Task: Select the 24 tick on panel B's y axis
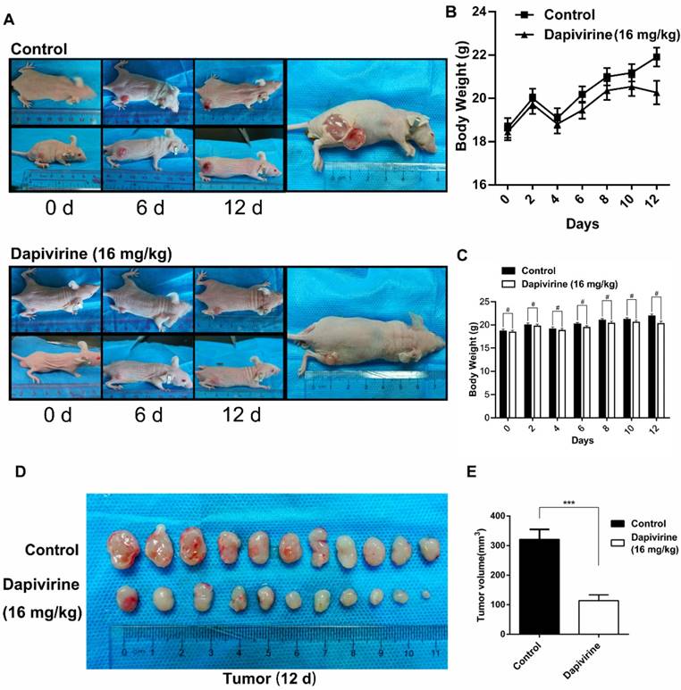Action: pyautogui.click(x=490, y=12)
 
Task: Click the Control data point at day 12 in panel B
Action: pyautogui.click(x=656, y=57)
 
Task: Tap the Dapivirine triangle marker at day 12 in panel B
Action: pyautogui.click(x=656, y=92)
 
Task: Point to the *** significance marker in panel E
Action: pyautogui.click(x=570, y=503)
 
